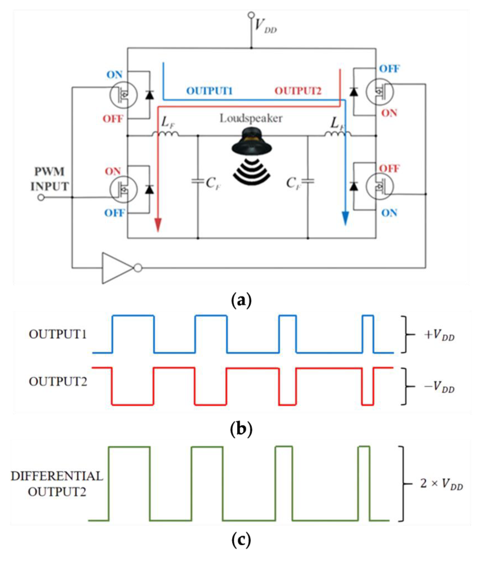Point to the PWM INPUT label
[49, 179]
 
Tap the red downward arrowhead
[158, 225]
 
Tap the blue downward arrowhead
[345, 218]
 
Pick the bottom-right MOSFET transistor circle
[380, 186]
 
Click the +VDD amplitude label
[439, 335]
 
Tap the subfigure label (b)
[241, 429]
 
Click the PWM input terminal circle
[41, 197]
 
